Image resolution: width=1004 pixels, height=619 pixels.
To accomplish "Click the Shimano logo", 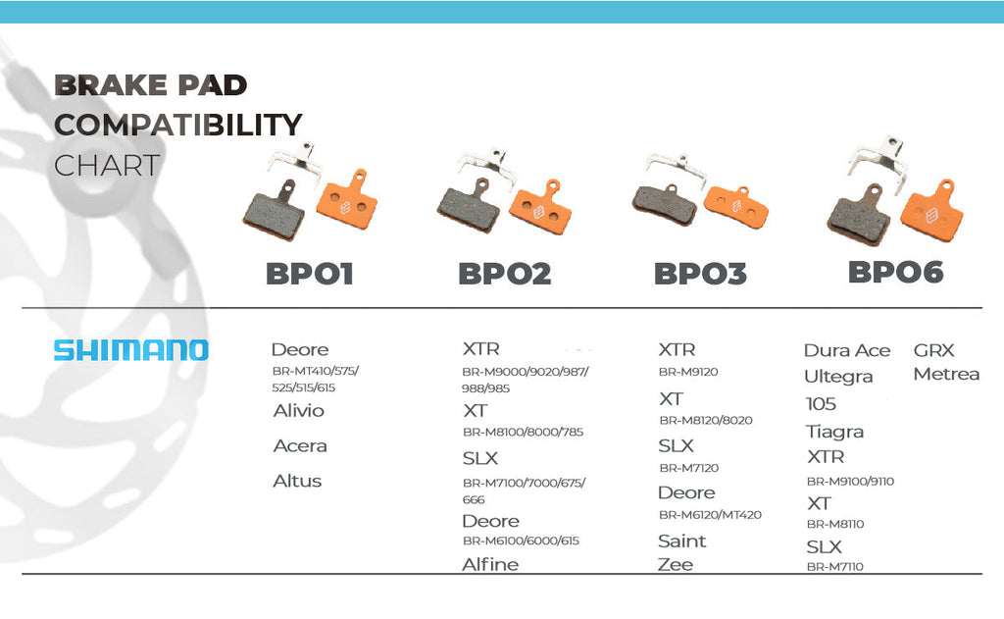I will tap(130, 350).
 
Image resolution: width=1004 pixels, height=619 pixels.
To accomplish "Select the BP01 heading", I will tap(309, 274).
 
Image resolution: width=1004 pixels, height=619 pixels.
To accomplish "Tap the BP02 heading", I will tap(504, 274).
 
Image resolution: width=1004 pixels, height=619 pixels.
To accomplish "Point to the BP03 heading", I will tap(700, 274).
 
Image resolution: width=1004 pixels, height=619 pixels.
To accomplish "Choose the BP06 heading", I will tap(895, 272).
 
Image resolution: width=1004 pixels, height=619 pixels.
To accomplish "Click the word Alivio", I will tap(298, 411).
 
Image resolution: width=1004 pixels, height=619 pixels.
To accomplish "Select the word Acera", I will tap(300, 446).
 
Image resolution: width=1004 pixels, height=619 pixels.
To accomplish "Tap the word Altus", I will tap(297, 482).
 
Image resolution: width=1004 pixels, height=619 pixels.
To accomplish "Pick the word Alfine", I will tap(490, 564).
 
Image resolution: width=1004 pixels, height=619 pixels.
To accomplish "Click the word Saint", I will tap(681, 541).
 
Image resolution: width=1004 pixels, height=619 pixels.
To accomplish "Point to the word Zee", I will tap(676, 564).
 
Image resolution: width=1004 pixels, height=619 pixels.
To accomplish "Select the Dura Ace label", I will tap(847, 350).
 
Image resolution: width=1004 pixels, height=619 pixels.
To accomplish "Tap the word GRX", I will tap(933, 350).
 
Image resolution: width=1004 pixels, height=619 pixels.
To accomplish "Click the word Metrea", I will tap(946, 374).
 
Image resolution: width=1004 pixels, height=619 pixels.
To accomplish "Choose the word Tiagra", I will tap(834, 432).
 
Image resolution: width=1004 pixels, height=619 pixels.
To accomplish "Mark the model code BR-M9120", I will tap(688, 373).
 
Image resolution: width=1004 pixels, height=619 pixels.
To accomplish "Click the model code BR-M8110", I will tap(835, 524).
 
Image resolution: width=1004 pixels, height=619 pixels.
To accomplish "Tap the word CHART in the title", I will tap(107, 165).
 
